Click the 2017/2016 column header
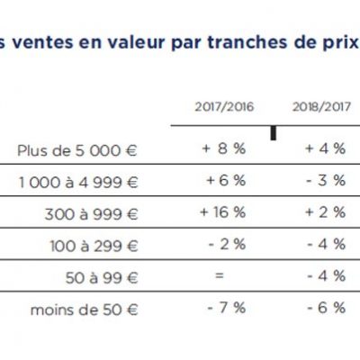pos(224,107)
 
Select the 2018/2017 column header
pos(321,107)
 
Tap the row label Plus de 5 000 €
pos(77,150)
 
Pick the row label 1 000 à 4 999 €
pos(78,183)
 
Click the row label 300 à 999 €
pos(91,214)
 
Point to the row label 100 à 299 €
pos(94,246)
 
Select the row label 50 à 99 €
pos(102,278)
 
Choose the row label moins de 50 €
pos(84,310)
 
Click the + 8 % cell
pos(224,148)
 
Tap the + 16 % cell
pos(223,212)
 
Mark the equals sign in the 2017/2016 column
pos(220,275)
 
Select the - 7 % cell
pos(227,308)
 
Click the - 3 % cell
pos(326,181)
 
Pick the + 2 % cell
pos(326,212)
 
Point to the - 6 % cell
pos(327,308)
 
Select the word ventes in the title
pos(42,42)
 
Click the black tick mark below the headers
pos(274,133)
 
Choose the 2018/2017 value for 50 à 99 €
pos(327,276)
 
